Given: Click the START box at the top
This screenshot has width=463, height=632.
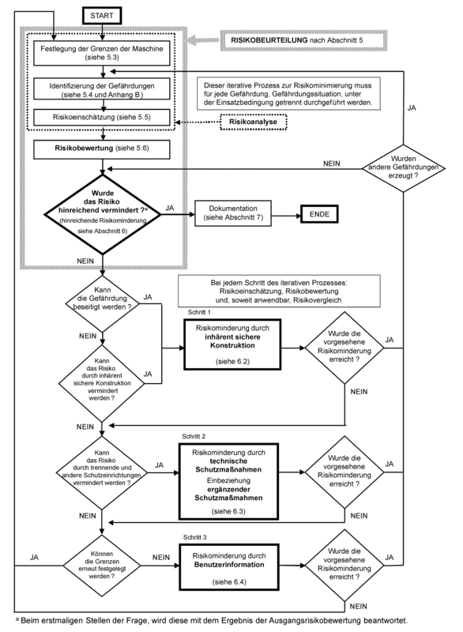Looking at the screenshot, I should tap(104, 17).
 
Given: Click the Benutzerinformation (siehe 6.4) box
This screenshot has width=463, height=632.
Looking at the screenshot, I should tap(232, 566).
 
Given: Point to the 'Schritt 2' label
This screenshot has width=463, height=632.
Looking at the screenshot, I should tap(194, 437).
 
